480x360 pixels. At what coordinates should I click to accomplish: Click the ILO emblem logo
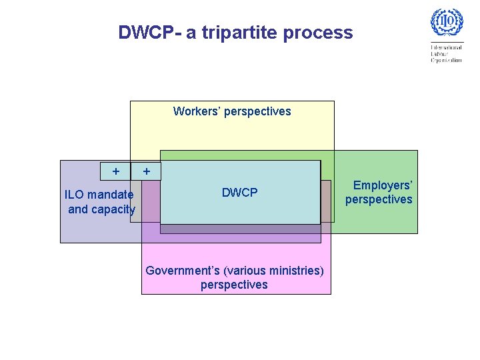(x=446, y=23)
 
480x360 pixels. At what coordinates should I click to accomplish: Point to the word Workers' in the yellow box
(x=197, y=111)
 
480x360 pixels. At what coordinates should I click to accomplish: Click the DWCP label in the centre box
(x=239, y=193)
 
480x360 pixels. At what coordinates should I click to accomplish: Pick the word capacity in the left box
(x=113, y=209)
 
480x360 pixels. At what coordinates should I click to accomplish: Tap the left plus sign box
(x=116, y=171)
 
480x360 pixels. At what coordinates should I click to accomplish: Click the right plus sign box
(x=147, y=171)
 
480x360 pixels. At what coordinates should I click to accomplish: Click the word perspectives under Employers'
(x=379, y=199)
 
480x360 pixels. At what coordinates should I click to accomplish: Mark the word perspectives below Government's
(x=234, y=285)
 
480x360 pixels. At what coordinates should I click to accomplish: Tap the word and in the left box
(x=77, y=209)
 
